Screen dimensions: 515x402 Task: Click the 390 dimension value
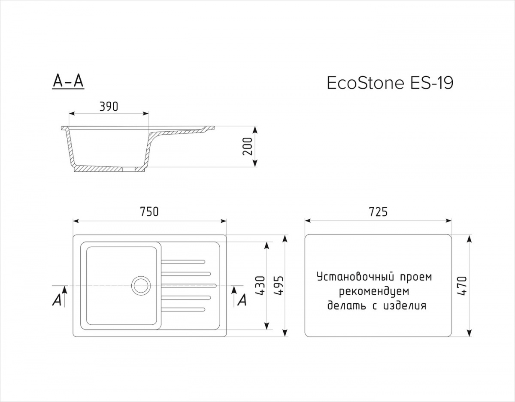pyautogui.click(x=109, y=106)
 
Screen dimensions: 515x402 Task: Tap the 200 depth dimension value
pyautogui.click(x=248, y=146)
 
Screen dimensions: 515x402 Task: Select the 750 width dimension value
pyautogui.click(x=149, y=212)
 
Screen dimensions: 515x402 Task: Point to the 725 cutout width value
pyautogui.click(x=378, y=212)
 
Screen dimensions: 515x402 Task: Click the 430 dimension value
pyautogui.click(x=261, y=286)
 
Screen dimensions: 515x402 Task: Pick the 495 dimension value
pyautogui.click(x=279, y=286)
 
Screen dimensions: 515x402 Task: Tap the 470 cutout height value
pyautogui.click(x=462, y=286)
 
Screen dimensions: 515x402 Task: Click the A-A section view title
pyautogui.click(x=68, y=81)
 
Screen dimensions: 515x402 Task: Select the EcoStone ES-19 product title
pyautogui.click(x=390, y=83)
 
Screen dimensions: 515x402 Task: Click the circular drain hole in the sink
pyautogui.click(x=141, y=286)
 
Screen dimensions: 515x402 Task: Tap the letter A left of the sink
pyautogui.click(x=57, y=301)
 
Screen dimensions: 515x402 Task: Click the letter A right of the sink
pyautogui.click(x=242, y=301)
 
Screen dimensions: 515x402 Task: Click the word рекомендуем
pyautogui.click(x=374, y=291)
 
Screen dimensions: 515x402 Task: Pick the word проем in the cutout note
pyautogui.click(x=416, y=278)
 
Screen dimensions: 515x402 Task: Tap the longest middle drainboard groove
pyautogui.click(x=189, y=286)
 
